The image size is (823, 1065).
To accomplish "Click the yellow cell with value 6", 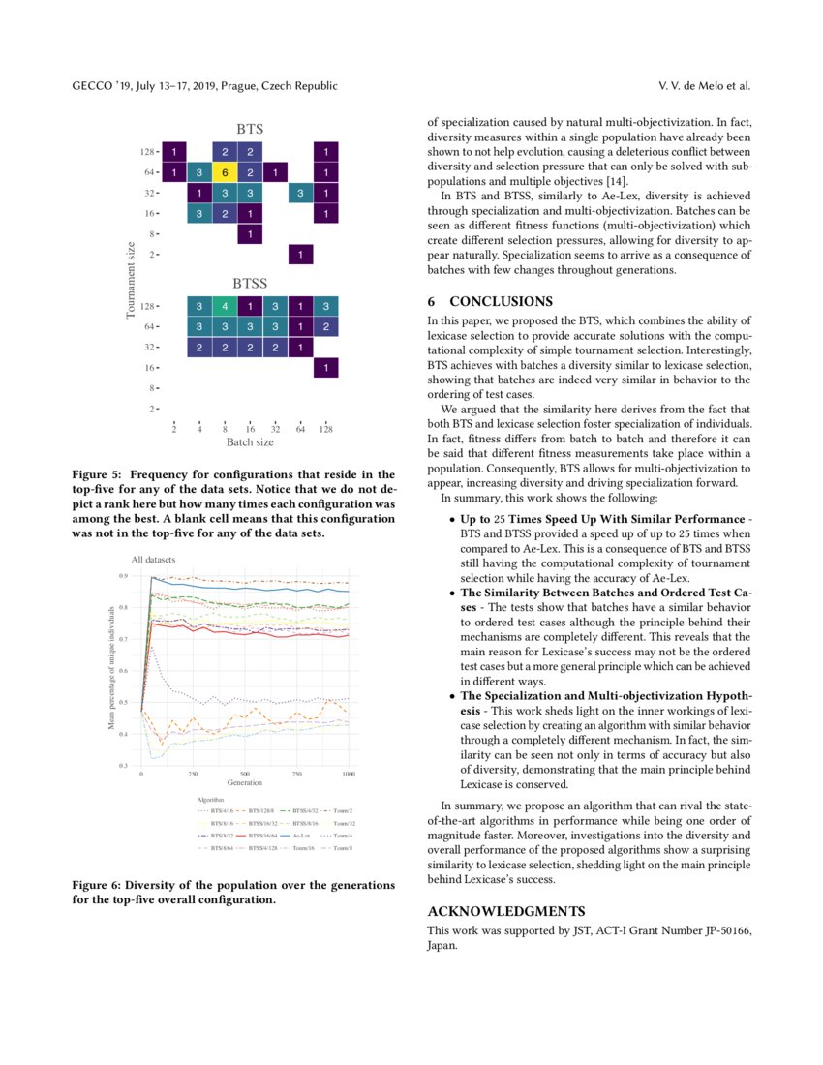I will tap(224, 172).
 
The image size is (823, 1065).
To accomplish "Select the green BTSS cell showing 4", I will tap(224, 306).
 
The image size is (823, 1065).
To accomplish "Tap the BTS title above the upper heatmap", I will tap(250, 128).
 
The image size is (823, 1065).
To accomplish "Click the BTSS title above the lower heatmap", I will tap(250, 284).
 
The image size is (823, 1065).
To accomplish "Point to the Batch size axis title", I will tap(250, 442).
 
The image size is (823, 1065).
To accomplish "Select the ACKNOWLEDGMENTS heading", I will tap(506, 911).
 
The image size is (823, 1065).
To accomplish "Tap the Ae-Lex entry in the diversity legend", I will tap(300, 834).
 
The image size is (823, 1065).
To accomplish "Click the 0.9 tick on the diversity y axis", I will tap(123, 576).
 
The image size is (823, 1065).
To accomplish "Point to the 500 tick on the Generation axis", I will tap(245, 774).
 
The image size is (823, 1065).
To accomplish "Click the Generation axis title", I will tap(245, 782).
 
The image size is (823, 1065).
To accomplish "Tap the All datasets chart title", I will tap(154, 560).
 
